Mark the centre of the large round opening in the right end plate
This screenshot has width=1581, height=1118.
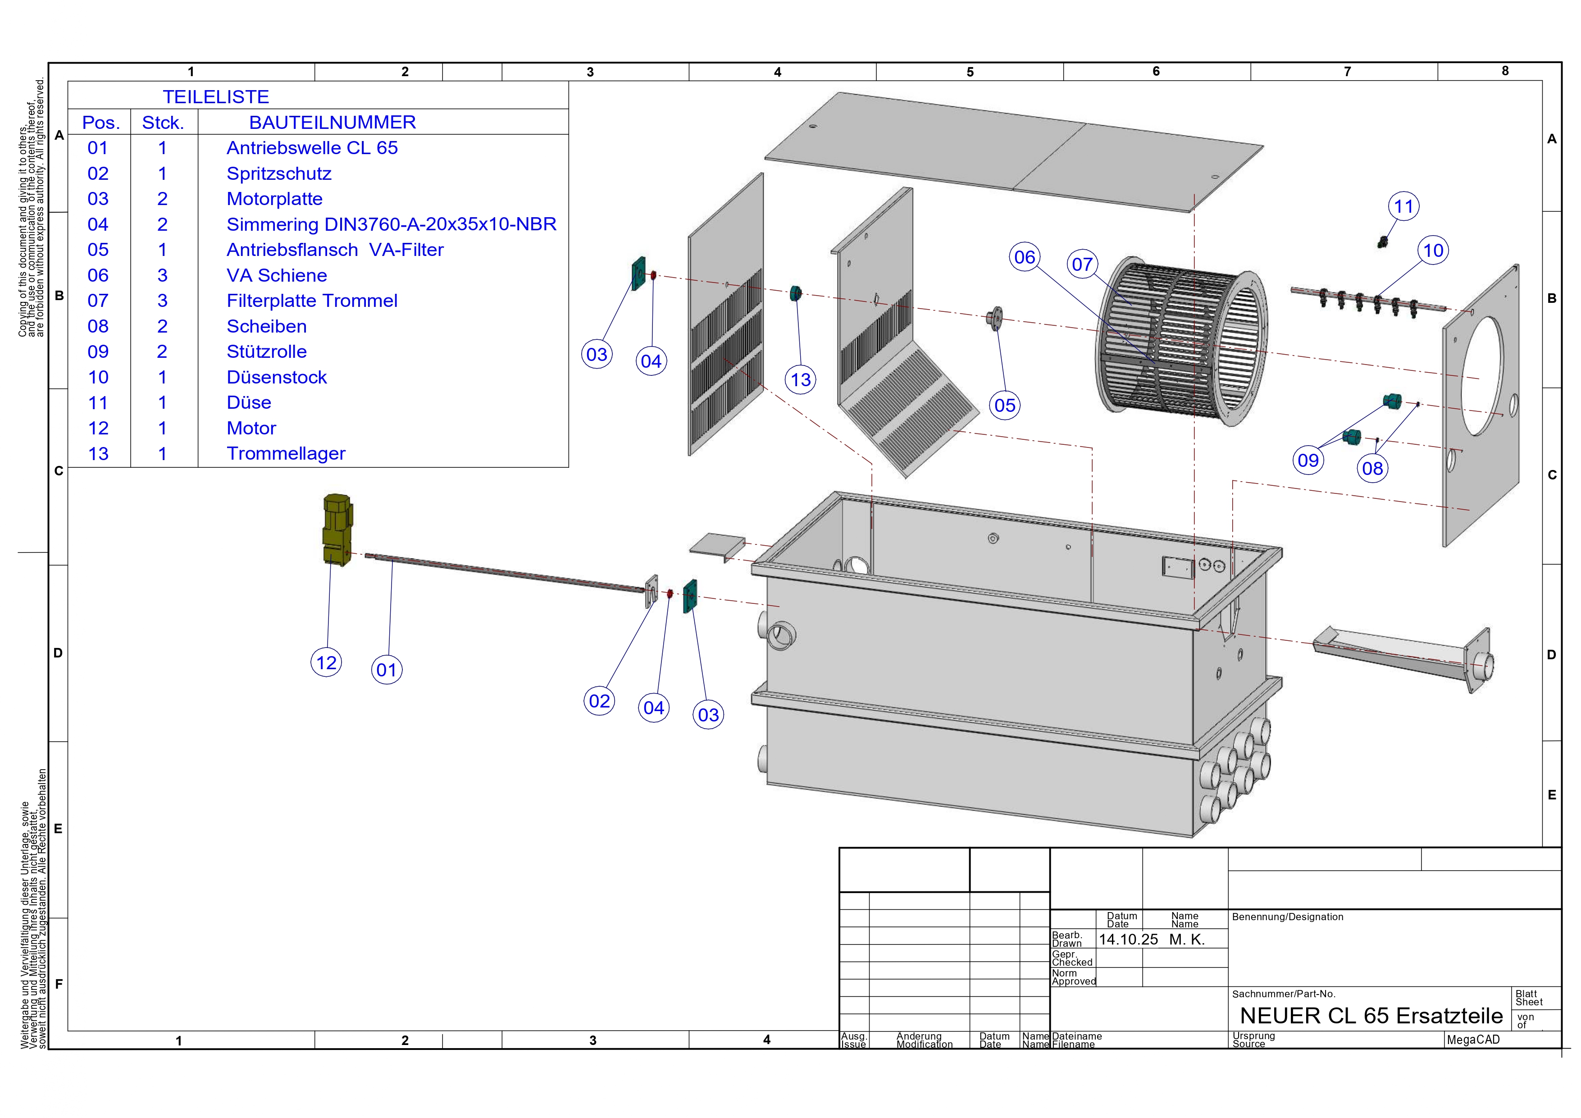1482,376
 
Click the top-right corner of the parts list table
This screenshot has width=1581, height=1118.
569,82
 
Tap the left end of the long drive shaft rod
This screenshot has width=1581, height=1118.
366,555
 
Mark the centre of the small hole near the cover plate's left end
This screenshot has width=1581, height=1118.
812,127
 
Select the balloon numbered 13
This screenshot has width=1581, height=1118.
801,379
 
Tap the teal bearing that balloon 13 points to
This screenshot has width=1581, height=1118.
796,293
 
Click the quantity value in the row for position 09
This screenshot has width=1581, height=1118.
162,351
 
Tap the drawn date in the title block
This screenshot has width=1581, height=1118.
1128,940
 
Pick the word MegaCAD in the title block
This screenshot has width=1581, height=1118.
1473,1040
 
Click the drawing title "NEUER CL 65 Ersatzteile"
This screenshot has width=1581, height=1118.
1371,1015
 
